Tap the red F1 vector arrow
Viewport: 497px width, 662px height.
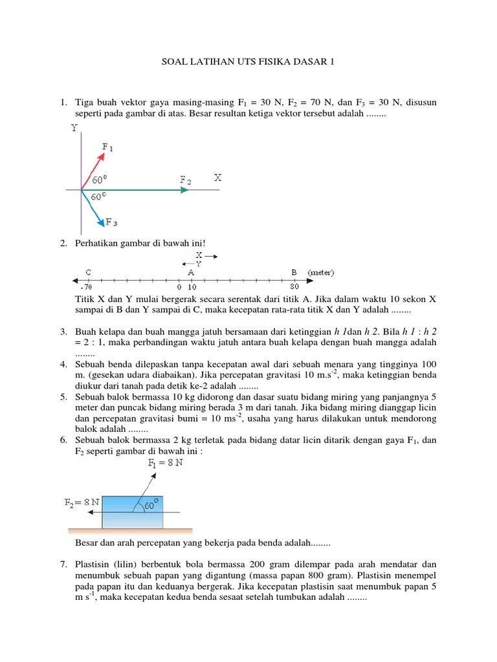tap(93, 167)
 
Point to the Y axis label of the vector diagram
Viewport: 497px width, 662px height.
tap(75, 129)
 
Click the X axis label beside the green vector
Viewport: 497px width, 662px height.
tap(218, 177)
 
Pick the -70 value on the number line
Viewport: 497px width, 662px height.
tap(89, 286)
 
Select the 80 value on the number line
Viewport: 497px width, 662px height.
tap(294, 286)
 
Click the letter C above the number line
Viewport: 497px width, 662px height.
tap(87, 272)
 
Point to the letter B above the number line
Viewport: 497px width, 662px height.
tap(294, 272)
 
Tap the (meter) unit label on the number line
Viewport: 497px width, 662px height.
tap(321, 272)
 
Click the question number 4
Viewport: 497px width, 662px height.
tap(63, 364)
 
